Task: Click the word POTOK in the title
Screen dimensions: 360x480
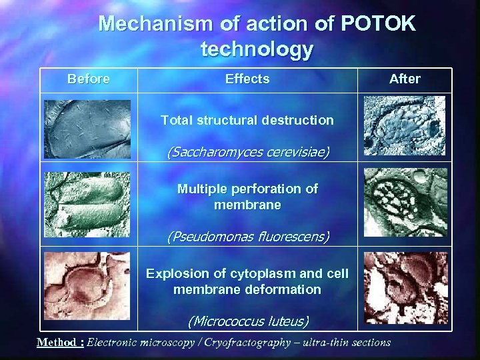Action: [378, 24]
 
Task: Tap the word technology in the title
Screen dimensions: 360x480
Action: [257, 49]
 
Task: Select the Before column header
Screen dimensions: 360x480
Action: [89, 79]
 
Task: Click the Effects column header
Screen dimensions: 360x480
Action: [247, 79]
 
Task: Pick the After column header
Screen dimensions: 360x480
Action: [405, 79]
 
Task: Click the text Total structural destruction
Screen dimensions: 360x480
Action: [247, 121]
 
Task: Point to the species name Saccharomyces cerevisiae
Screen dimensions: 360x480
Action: [247, 152]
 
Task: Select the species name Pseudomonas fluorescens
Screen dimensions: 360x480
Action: [247, 236]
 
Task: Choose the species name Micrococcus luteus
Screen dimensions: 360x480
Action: [247, 321]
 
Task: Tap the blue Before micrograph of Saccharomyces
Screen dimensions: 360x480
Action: [88, 129]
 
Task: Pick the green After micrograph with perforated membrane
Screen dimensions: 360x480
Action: [405, 202]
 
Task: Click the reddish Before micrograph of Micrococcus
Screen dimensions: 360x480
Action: [87, 286]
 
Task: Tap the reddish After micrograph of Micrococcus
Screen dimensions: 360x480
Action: [405, 288]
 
